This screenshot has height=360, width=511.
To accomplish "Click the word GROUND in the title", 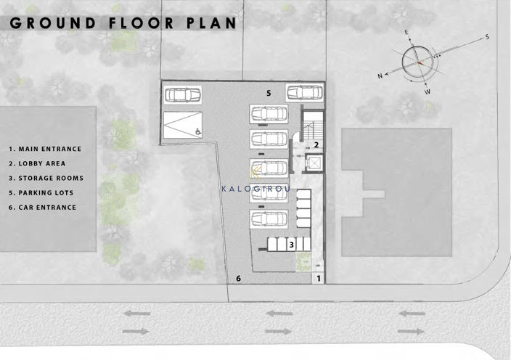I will point(52,22).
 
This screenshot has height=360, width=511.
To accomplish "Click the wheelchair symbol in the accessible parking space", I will point(197,132).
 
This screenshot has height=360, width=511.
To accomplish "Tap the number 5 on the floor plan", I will point(269,94).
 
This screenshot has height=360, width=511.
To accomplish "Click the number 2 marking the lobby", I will point(316,145).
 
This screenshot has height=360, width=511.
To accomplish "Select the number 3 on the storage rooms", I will point(291,245).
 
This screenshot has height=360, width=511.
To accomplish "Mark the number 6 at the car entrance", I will point(238,279).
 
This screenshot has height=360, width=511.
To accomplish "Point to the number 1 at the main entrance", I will point(317,279).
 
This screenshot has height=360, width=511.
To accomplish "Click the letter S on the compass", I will point(488,36).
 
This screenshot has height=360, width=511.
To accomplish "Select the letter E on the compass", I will point(407,33).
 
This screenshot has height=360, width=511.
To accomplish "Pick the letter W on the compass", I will point(427,92).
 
